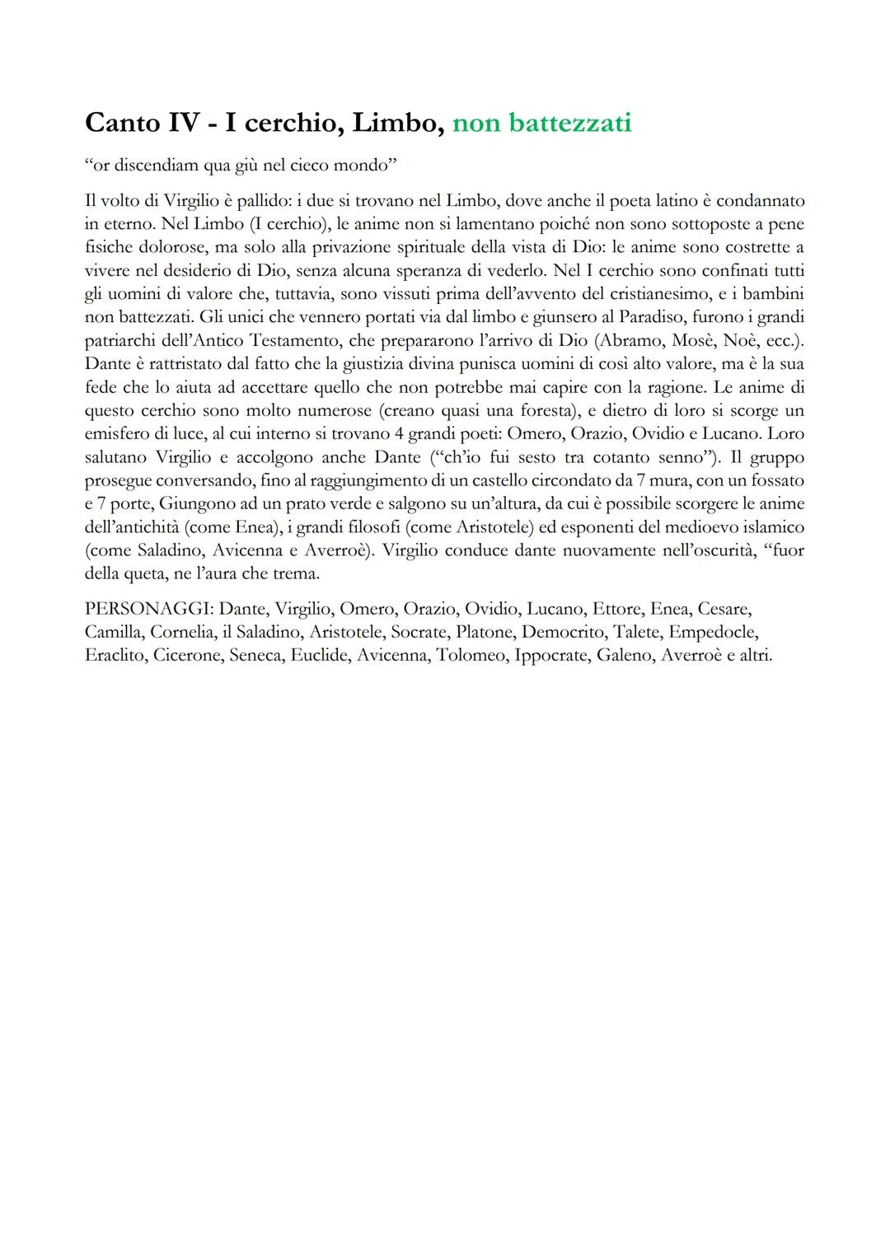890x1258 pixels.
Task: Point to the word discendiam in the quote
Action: (154, 166)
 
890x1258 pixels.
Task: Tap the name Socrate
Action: (418, 632)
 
